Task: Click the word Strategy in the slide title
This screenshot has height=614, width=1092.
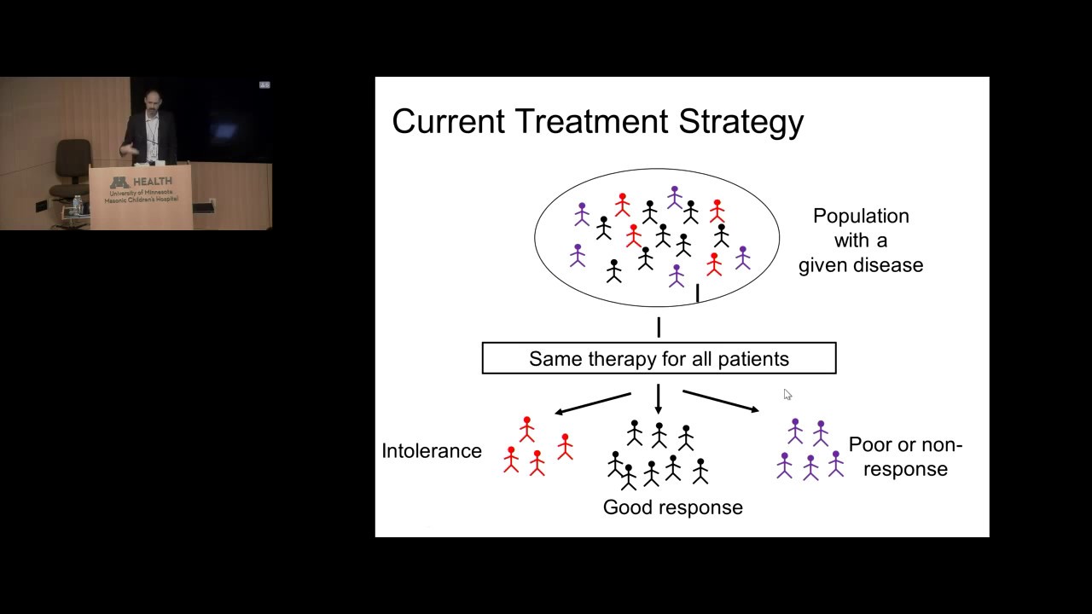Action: tap(741, 122)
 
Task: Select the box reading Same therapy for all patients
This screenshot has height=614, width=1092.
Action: tap(659, 358)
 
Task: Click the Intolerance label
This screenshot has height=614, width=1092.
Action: tap(432, 451)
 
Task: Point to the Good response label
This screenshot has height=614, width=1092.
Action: tap(672, 507)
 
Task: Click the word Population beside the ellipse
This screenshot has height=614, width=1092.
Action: tap(861, 217)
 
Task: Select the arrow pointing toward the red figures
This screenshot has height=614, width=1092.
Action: tap(592, 403)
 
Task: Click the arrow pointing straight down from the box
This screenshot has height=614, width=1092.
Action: tap(659, 399)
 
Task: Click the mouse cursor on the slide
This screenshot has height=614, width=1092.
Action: tap(787, 394)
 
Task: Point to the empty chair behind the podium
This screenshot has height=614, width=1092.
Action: tap(73, 166)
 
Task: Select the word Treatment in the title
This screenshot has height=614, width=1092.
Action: tap(590, 121)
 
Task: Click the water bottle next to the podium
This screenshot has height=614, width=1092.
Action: tap(78, 206)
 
